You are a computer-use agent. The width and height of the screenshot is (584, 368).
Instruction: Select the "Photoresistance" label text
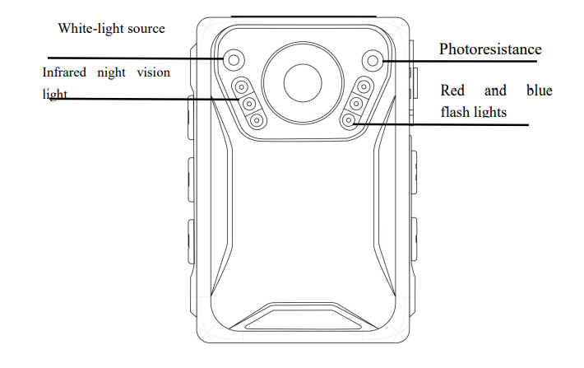coord(489,49)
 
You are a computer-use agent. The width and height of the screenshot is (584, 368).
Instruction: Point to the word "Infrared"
coord(65,72)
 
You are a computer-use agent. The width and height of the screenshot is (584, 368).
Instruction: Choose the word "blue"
coord(539,90)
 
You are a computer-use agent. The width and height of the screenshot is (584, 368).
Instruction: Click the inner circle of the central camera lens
coord(304,82)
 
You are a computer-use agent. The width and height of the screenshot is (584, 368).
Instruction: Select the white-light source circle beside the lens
coord(234,59)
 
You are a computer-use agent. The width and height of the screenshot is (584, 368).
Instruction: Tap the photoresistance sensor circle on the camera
coord(373,59)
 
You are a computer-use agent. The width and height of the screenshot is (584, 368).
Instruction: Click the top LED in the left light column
coord(242,87)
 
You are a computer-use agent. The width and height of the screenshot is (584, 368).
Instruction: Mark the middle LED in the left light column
coord(249,103)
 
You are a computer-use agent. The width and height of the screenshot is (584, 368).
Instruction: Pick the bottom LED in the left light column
coord(257,120)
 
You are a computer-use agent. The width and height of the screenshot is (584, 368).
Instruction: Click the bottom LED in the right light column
coord(350,120)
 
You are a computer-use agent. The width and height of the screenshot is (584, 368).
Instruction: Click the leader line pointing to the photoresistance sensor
coord(461,60)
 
